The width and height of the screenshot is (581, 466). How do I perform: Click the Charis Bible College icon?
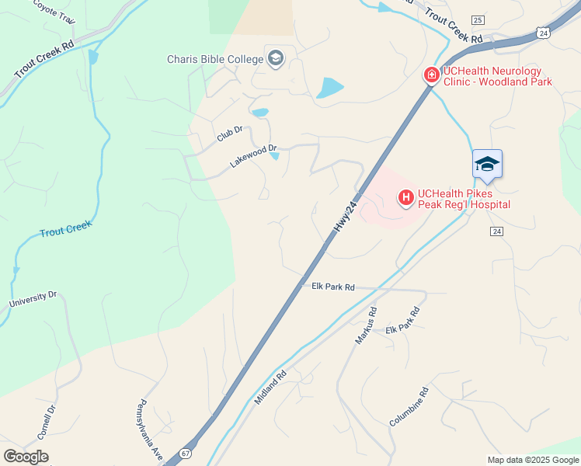275,58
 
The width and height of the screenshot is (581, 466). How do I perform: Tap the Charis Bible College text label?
215,59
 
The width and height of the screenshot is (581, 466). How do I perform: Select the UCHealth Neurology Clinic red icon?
431,75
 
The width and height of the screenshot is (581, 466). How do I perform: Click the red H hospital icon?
406,198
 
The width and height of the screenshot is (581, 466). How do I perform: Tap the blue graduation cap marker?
487,164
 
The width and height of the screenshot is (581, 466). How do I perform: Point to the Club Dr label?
230,134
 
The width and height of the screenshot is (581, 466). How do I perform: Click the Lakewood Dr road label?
253,155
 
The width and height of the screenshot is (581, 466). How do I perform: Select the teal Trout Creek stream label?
65,228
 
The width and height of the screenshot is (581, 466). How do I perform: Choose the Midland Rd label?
270,386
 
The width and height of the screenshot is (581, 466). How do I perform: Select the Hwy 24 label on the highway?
346,216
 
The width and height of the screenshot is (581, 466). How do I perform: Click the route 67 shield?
185,453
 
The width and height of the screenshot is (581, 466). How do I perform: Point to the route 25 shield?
477,19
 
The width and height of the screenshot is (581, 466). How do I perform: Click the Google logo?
26,457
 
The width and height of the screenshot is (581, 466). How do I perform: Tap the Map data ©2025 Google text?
533,460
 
